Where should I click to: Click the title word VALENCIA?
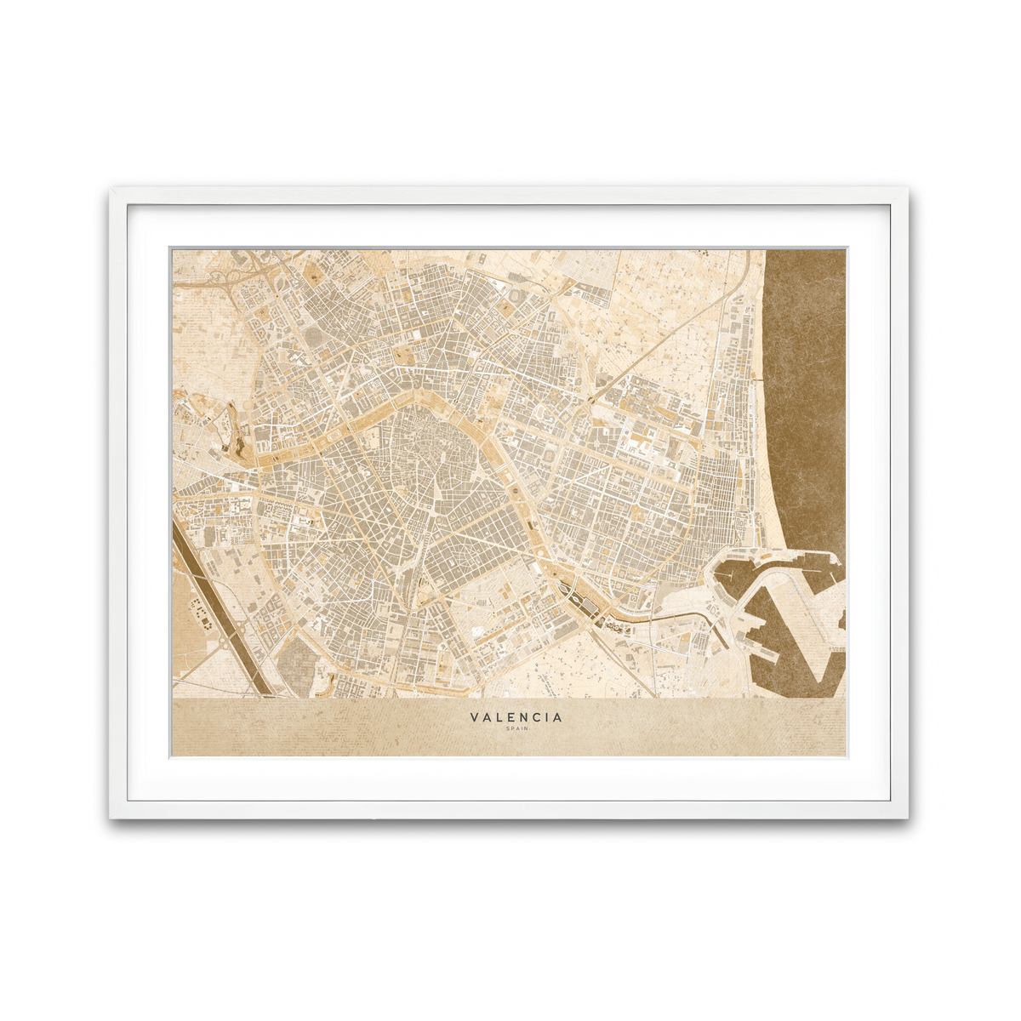[516, 717]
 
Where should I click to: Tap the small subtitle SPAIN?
[516, 728]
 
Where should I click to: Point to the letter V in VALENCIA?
[474, 717]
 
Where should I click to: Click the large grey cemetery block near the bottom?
[298, 659]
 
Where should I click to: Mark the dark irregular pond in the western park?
[224, 442]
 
